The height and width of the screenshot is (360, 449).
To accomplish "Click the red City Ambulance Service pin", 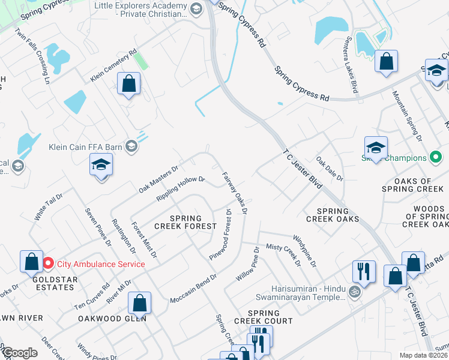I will coord(48,263).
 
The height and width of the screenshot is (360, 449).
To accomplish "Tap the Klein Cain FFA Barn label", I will coord(85,146).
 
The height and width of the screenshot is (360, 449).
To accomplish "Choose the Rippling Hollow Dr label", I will coord(181,188).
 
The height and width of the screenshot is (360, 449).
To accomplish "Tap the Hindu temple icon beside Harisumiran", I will coord(355,292).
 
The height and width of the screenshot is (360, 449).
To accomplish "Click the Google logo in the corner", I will coord(19,353).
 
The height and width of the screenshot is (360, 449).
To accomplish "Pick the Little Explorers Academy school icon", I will coord(196,8).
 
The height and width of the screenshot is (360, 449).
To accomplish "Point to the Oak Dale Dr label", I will coord(330,169).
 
